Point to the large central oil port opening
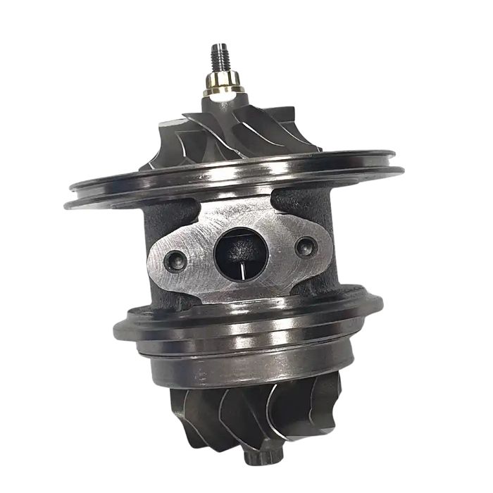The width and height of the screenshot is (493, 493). (238, 254)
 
